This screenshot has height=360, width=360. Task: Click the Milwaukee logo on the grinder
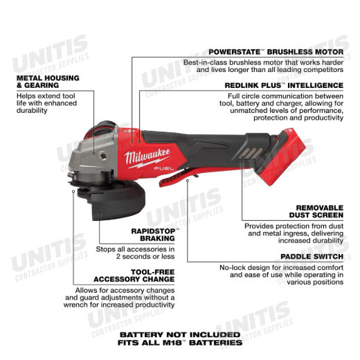[x=147, y=158]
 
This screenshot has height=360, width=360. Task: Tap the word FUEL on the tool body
[x=164, y=168]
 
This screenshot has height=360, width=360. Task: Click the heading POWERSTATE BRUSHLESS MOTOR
[x=276, y=52]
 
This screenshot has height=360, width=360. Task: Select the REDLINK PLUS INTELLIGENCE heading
[x=284, y=85]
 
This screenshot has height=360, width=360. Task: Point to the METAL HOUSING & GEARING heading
[x=48, y=82]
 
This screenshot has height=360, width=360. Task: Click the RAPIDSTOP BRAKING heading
[x=155, y=235]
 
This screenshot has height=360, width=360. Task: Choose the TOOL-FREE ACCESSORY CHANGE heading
[x=134, y=276]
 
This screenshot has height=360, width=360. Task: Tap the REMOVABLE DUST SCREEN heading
[x=316, y=211]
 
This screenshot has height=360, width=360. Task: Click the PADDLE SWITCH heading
[x=312, y=256]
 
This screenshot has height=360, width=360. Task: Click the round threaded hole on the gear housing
[x=103, y=156]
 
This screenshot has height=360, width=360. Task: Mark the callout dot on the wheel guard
[x=100, y=213]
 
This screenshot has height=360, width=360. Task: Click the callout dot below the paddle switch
[x=188, y=181]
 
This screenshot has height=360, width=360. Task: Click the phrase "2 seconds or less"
[x=145, y=256]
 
